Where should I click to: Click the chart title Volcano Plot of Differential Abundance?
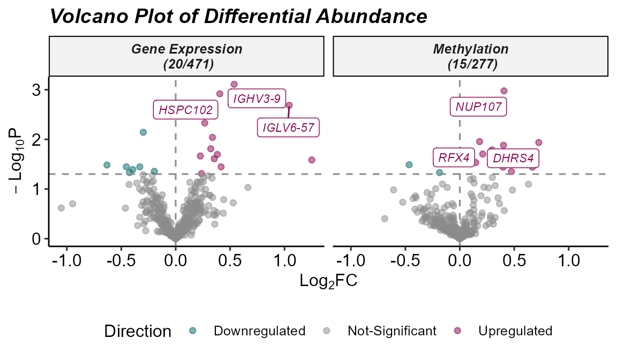(238, 16)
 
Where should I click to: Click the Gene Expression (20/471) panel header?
(186, 56)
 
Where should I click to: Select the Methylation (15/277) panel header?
(470, 56)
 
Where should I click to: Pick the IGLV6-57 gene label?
(288, 128)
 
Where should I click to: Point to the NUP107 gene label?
(478, 107)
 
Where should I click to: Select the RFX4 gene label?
(454, 158)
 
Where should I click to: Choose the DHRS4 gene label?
(513, 159)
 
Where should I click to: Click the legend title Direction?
(138, 331)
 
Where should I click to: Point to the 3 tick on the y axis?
(35, 90)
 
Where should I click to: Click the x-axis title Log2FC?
(328, 280)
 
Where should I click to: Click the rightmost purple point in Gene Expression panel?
(312, 160)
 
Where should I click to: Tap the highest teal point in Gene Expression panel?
(143, 132)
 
